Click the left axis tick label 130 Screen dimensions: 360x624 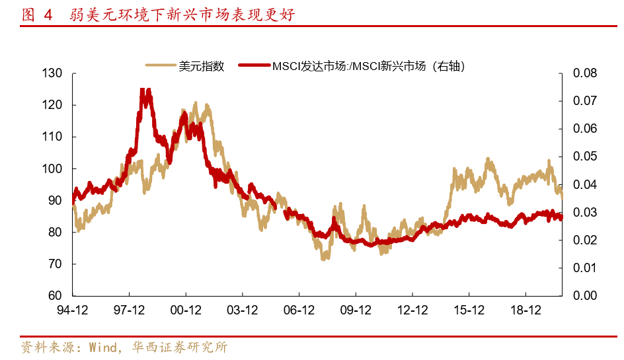pyautogui.click(x=52, y=73)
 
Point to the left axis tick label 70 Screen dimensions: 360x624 pyautogui.click(x=56, y=264)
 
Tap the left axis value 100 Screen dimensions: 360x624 pyautogui.click(x=52, y=169)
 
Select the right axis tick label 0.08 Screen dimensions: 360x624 pyautogui.click(x=584, y=73)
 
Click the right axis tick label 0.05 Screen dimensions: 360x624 pyautogui.click(x=584, y=157)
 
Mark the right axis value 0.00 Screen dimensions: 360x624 pyautogui.click(x=584, y=296)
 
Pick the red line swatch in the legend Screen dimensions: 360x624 pyautogui.click(x=254, y=65)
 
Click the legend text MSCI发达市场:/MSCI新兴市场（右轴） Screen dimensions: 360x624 pyautogui.click(x=369, y=65)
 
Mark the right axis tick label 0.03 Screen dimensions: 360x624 pyautogui.click(x=584, y=213)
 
